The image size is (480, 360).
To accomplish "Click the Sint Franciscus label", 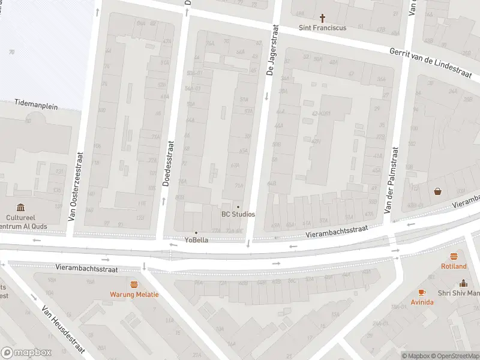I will [x=323, y=28].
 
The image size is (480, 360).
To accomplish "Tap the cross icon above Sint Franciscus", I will [x=323, y=18].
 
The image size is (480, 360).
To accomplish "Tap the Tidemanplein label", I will [x=36, y=105].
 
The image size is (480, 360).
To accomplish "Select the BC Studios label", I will [x=238, y=214].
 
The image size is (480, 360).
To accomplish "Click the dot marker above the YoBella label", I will [x=196, y=233].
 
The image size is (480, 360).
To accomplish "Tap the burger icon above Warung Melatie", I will [x=134, y=284].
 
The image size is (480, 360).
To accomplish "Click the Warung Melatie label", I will [x=134, y=295].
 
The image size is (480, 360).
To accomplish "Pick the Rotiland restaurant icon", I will [x=454, y=256].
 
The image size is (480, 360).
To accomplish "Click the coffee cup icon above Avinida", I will [x=422, y=292].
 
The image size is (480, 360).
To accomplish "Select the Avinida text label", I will [x=422, y=302].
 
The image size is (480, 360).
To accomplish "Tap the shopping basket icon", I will [x=437, y=191].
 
